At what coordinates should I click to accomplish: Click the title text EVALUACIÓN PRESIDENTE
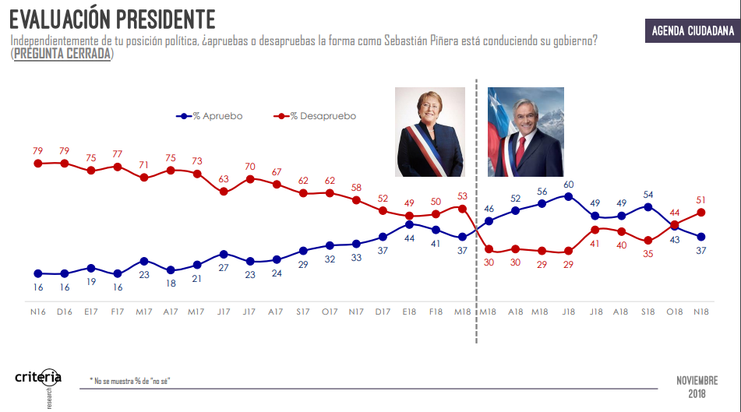112,18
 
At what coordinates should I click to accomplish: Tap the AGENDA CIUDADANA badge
692,31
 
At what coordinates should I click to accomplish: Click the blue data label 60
569,185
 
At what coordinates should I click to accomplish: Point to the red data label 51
701,199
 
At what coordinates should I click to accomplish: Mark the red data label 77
118,154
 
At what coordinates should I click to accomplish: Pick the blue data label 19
91,282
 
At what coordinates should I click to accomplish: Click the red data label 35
647,254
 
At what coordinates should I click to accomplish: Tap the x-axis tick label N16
37,312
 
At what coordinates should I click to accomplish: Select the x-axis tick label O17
330,312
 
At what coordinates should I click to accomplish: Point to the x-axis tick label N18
701,312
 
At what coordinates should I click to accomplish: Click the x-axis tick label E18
409,312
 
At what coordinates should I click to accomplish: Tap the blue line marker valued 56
542,203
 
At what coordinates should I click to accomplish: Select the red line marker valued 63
224,192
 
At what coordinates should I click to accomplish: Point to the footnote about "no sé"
130,381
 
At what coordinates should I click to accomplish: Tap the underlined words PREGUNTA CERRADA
62,54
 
